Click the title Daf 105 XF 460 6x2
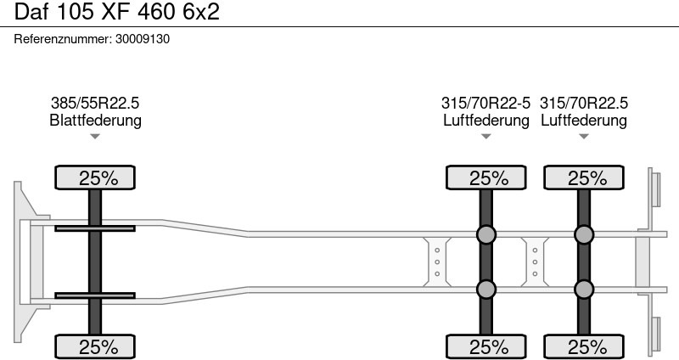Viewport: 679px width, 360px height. coord(117,12)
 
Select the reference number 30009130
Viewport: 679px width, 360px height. coord(143,39)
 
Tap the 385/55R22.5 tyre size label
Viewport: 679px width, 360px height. coord(95,103)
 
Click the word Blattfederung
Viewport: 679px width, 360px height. coord(95,120)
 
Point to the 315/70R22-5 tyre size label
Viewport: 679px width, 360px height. coord(485,103)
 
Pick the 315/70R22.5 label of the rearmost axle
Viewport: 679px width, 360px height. coord(584,103)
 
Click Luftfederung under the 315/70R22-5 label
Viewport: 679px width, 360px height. coord(486,120)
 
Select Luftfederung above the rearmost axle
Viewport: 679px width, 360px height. coord(584,120)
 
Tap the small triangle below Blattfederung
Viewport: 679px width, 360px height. coord(95,137)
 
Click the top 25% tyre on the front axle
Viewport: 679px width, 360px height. coord(95,177)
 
